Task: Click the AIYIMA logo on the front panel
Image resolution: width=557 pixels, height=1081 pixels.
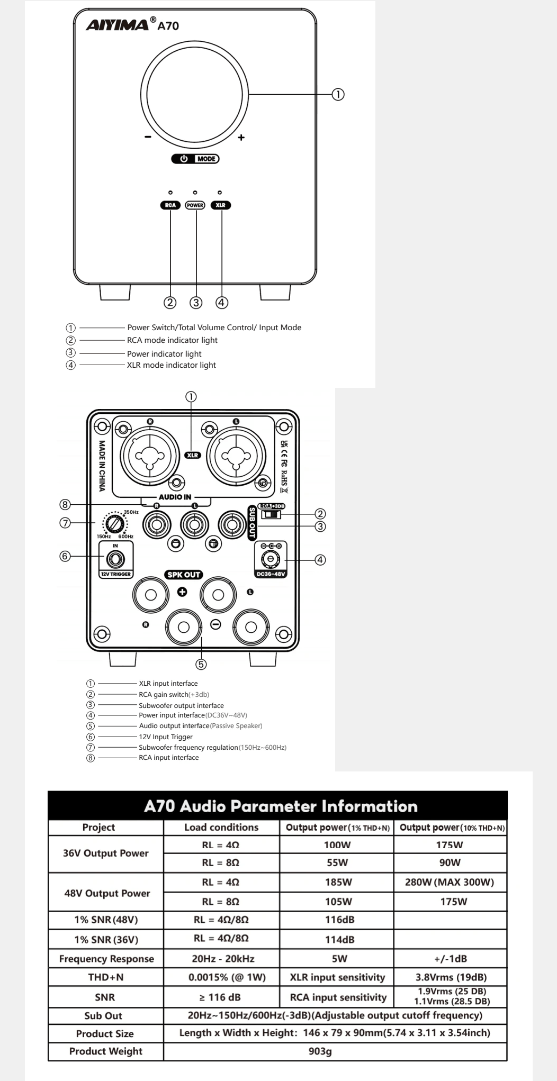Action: pyautogui.click(x=117, y=24)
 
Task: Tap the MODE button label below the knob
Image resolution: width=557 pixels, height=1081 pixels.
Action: pyautogui.click(x=206, y=159)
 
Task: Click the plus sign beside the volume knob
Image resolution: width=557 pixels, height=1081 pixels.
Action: pyautogui.click(x=241, y=138)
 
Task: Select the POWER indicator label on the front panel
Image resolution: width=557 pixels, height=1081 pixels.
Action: pyautogui.click(x=195, y=205)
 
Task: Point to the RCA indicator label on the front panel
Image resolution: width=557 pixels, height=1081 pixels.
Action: pyautogui.click(x=170, y=205)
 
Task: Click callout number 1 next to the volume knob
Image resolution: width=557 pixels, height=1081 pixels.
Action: pyautogui.click(x=338, y=94)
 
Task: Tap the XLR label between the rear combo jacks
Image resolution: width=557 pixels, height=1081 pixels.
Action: pyautogui.click(x=193, y=455)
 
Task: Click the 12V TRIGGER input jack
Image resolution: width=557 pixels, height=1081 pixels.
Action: pyautogui.click(x=115, y=559)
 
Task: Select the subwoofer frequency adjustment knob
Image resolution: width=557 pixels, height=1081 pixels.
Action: pyautogui.click(x=114, y=524)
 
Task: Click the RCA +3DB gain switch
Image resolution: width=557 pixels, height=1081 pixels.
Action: pyautogui.click(x=272, y=514)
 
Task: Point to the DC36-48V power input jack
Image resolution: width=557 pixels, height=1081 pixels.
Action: pyautogui.click(x=271, y=559)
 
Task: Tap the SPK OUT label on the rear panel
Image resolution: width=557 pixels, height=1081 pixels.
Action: pyautogui.click(x=184, y=575)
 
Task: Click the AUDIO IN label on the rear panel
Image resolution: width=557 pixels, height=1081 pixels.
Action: pyautogui.click(x=175, y=497)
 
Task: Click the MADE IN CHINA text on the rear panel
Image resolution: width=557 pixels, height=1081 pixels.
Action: pyautogui.click(x=102, y=466)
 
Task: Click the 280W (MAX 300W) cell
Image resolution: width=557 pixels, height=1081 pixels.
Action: pyautogui.click(x=449, y=882)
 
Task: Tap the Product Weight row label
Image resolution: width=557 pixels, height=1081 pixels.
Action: pyautogui.click(x=105, y=1051)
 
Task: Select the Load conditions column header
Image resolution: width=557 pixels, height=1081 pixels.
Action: pyautogui.click(x=221, y=827)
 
